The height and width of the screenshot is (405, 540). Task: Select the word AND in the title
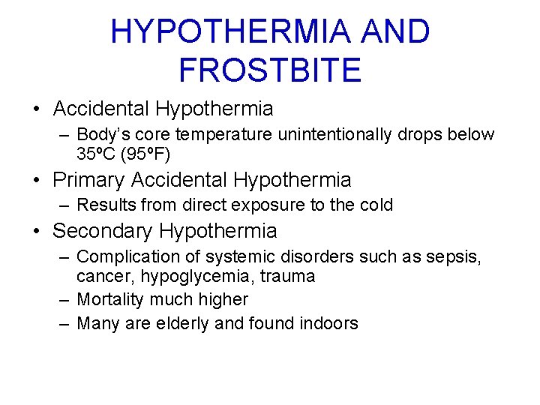point(395,31)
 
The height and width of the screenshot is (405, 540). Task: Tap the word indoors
point(328,323)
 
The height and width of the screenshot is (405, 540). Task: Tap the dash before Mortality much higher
point(65,299)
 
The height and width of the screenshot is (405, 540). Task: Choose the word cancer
point(101,277)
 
